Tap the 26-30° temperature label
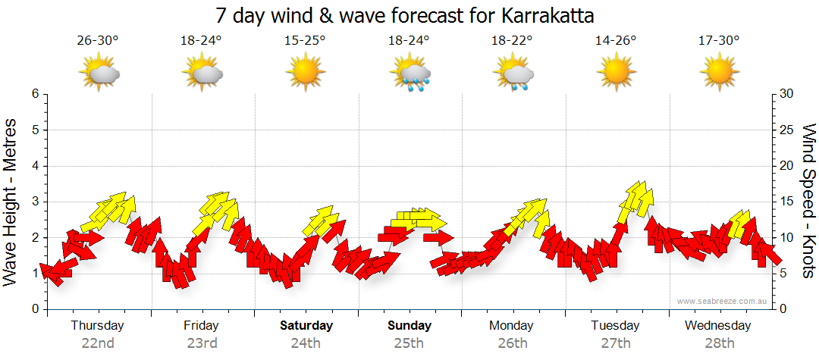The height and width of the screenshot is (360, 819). [x=98, y=42]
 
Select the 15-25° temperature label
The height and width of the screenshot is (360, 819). [x=305, y=42]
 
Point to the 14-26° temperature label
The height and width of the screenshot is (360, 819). [x=615, y=42]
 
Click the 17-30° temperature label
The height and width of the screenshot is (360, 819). [x=718, y=42]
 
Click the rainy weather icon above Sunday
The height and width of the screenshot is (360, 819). [x=410, y=74]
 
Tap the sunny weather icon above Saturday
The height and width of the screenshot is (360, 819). [x=305, y=73]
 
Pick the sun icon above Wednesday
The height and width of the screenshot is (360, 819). [x=719, y=73]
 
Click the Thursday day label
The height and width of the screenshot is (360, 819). [x=97, y=326]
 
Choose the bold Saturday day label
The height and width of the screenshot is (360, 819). [x=306, y=326]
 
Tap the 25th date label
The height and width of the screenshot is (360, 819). [x=409, y=343]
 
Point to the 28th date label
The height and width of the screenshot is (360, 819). [x=718, y=343]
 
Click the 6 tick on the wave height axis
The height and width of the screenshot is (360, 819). [x=35, y=94]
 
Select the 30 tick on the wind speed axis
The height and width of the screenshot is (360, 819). [x=787, y=94]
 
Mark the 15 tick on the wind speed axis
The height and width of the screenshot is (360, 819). [x=786, y=202]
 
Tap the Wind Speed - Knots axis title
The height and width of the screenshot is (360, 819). [x=808, y=202]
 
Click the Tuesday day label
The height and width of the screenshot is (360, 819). [x=615, y=326]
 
